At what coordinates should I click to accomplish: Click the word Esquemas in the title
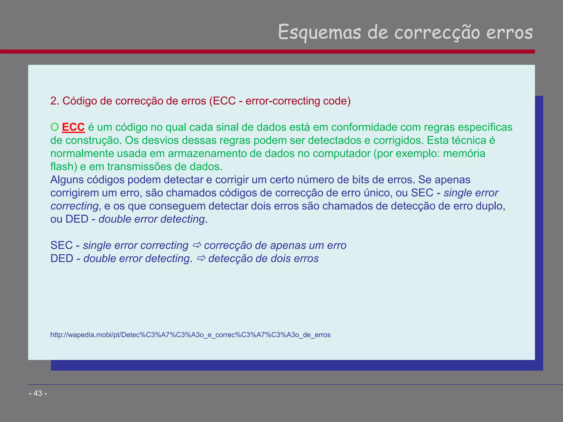click(x=319, y=32)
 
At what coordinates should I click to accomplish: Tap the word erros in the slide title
click(x=509, y=32)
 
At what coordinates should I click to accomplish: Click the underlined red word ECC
click(x=73, y=127)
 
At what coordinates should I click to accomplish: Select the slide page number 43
click(x=38, y=393)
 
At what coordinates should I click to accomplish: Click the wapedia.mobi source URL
click(x=190, y=335)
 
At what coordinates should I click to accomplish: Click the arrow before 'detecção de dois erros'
click(x=201, y=258)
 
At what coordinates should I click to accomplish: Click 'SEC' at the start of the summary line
click(x=61, y=245)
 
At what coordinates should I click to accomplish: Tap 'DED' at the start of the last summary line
click(x=62, y=258)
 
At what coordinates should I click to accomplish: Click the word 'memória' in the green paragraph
click(x=464, y=153)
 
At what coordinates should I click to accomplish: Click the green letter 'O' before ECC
click(x=54, y=127)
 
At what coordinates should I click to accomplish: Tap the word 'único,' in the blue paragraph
click(x=378, y=193)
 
